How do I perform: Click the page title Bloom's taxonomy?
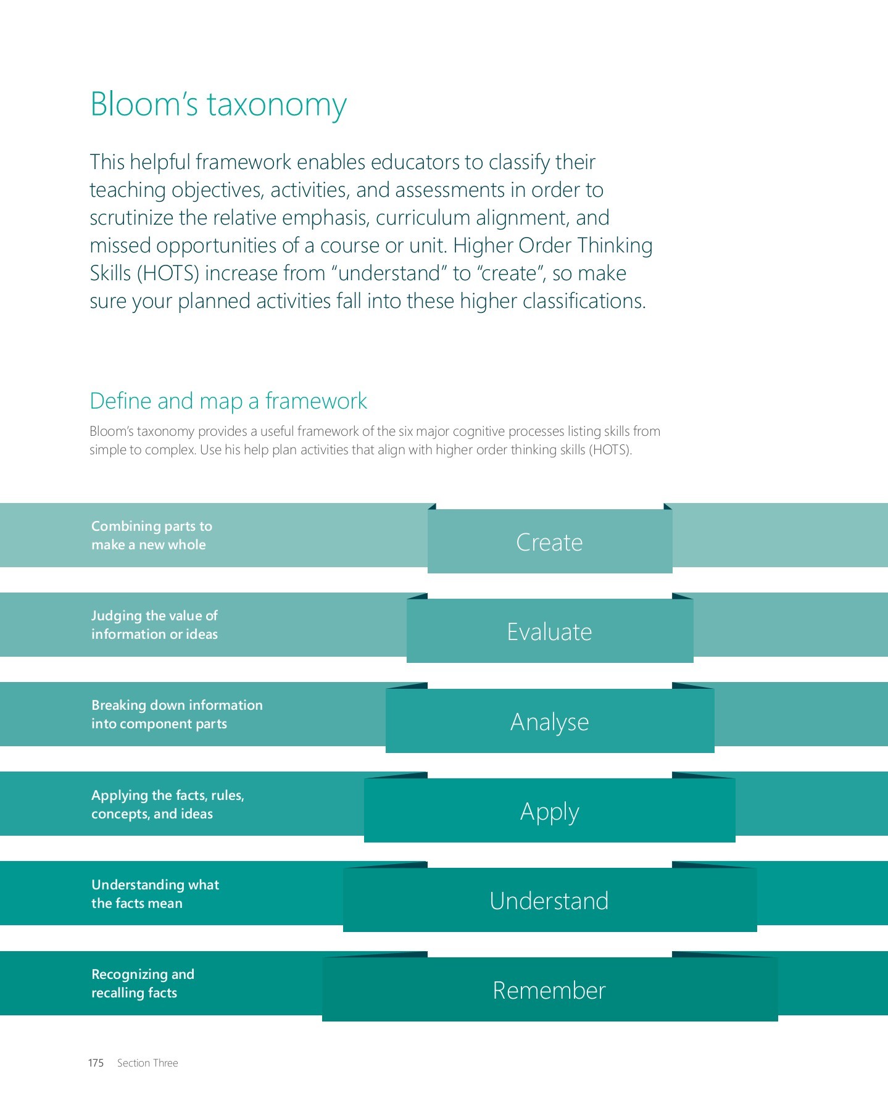[x=218, y=104]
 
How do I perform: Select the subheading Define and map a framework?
[x=228, y=401]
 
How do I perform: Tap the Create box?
[x=549, y=542]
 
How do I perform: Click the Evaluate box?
[x=549, y=631]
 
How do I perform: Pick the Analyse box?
[x=549, y=722]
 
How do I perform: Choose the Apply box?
[x=549, y=811]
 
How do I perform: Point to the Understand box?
[x=549, y=901]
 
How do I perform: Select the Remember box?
[x=549, y=990]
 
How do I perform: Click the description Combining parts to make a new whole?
[x=151, y=535]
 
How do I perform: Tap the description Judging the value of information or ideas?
[x=154, y=625]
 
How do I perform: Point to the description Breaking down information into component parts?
[x=176, y=714]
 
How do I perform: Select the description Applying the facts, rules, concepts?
[x=167, y=804]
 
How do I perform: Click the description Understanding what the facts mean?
[x=155, y=894]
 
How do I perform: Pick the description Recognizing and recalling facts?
[x=143, y=983]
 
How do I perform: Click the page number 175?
[x=96, y=1063]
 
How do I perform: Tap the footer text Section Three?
[x=147, y=1063]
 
